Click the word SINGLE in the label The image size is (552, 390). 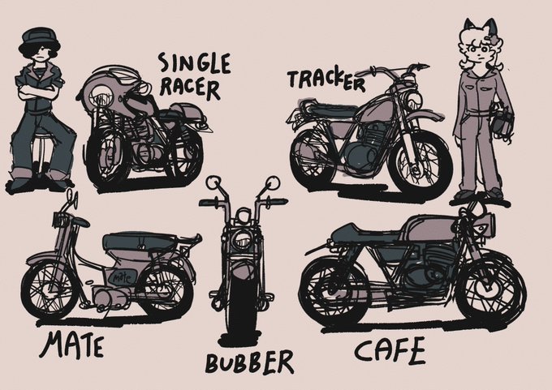coord(195,64)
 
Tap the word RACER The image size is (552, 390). coord(190,88)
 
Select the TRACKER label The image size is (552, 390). coord(326,79)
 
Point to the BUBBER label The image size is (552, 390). coord(249,362)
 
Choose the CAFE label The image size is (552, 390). coord(390,349)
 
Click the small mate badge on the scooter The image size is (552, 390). coord(122,279)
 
